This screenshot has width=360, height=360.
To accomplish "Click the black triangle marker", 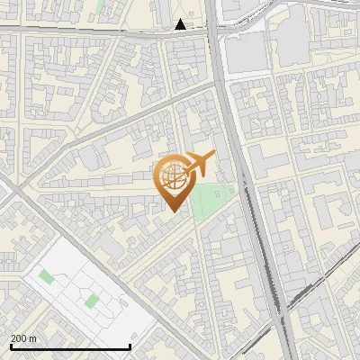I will [x=181, y=24].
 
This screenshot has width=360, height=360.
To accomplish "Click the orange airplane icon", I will [x=199, y=163].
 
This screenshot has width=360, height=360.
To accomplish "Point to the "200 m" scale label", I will [x=24, y=338].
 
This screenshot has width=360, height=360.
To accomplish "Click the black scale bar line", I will [x=70, y=346].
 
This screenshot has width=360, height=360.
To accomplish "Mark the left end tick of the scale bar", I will [x=11, y=346].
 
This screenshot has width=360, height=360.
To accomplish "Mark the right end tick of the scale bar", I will [x=130, y=346].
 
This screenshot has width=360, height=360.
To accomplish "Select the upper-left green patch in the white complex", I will [x=46, y=276].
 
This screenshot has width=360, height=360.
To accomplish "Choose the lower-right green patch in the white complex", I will [x=92, y=300].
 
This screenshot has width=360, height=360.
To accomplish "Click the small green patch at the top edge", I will [x=98, y=7].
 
